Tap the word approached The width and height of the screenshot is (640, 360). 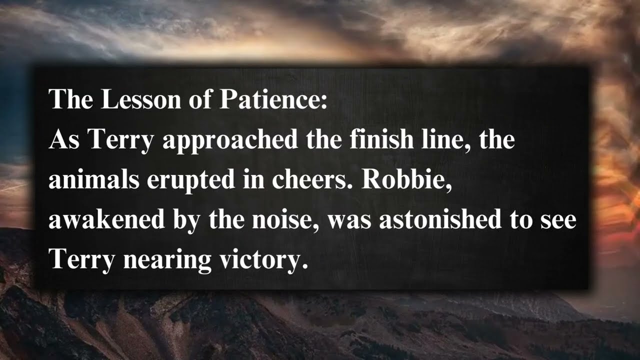click(230, 140)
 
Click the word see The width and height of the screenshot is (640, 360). click(559, 220)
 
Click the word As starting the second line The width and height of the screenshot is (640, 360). click(64, 140)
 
